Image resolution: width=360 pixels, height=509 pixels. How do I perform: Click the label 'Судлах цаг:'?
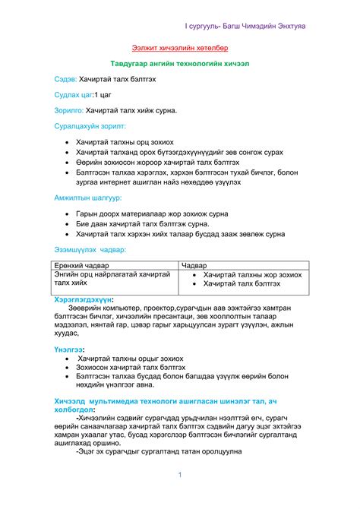click(74, 95)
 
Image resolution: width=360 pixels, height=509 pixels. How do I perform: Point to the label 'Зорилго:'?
click(69, 111)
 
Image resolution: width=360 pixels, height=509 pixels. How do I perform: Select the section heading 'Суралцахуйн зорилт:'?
click(90, 126)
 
